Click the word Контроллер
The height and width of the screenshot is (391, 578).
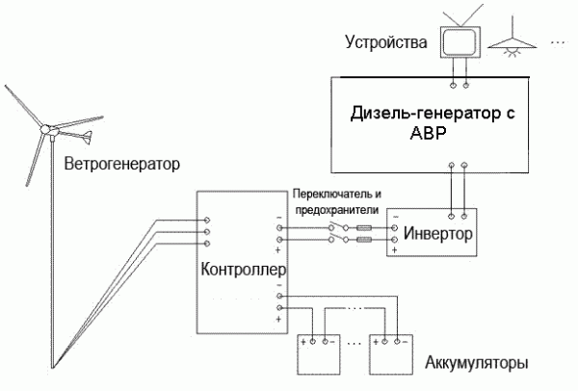242,270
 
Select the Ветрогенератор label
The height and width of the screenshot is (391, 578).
122,163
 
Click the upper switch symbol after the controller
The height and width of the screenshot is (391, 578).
334,228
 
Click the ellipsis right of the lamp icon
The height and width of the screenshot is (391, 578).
558,42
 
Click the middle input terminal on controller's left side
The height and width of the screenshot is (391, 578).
205,231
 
